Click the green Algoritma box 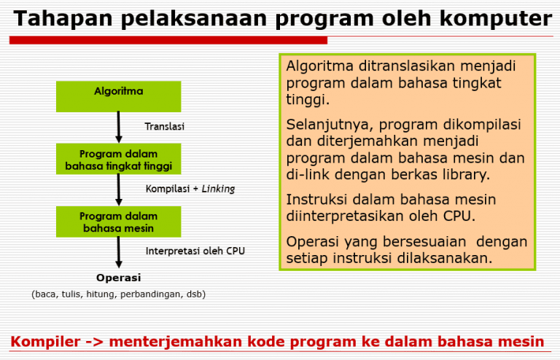tap(118, 96)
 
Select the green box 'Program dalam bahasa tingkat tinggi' tap(118, 160)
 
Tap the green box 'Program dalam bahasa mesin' tap(118, 222)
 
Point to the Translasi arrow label tap(164, 126)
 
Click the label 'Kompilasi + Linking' tap(190, 189)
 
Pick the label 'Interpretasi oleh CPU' tap(195, 251)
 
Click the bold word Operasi tap(118, 277)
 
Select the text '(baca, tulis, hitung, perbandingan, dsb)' tap(118, 294)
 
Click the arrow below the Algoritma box tap(118, 127)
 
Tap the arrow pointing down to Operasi tap(118, 252)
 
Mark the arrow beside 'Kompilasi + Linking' tap(118, 189)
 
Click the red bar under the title tap(168, 40)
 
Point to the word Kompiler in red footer tap(44, 342)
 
